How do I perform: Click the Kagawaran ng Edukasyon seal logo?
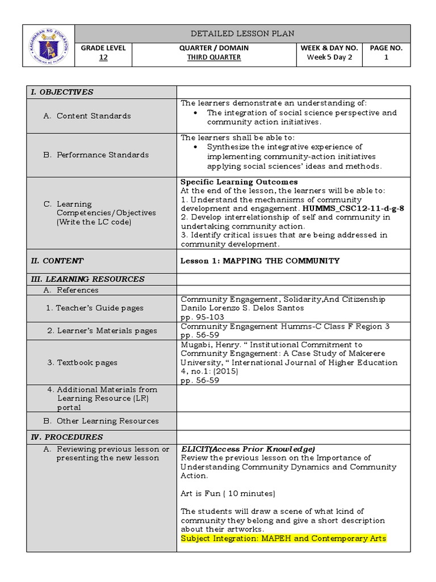point(48,46)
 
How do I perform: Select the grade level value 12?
point(103,57)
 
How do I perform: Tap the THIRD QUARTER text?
point(215,57)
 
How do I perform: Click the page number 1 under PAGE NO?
point(386,57)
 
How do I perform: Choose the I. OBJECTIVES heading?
point(62,92)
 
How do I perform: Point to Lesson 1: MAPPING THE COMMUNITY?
point(260,261)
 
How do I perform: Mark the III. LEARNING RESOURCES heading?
point(87,279)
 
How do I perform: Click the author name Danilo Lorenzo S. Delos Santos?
point(242,308)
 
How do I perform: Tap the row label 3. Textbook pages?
point(82,363)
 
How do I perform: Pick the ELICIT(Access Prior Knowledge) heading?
point(248,449)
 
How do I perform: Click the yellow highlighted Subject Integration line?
point(283,538)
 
